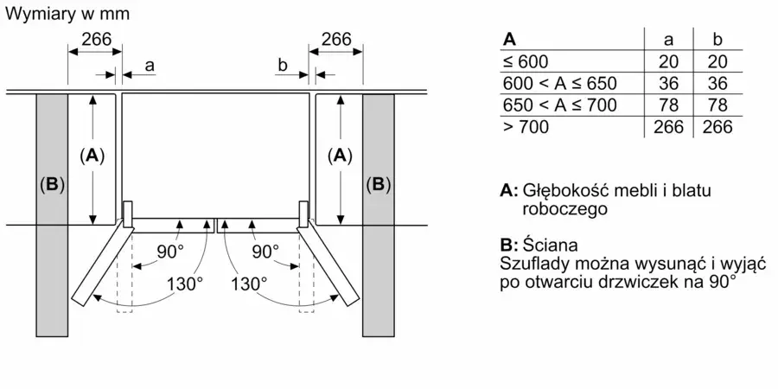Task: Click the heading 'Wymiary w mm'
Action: click(x=67, y=14)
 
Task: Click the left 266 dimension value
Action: click(x=96, y=39)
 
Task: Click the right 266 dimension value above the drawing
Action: click(x=336, y=39)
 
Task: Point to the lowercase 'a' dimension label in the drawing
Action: click(x=150, y=66)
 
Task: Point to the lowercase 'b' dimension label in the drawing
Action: click(x=283, y=65)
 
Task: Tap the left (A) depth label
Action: click(x=92, y=156)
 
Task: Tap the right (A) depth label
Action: click(x=340, y=156)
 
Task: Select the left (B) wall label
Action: click(x=52, y=185)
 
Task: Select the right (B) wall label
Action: click(x=378, y=185)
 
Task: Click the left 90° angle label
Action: click(x=167, y=252)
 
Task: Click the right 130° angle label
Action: click(x=249, y=284)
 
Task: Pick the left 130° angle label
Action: click(x=185, y=284)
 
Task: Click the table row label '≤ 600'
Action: click(x=526, y=61)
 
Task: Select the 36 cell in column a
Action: click(x=668, y=83)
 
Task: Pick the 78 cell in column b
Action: click(x=717, y=105)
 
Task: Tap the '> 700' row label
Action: click(x=526, y=128)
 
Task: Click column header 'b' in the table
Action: click(x=717, y=40)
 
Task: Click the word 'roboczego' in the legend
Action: click(x=565, y=209)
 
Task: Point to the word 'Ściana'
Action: click(x=550, y=246)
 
